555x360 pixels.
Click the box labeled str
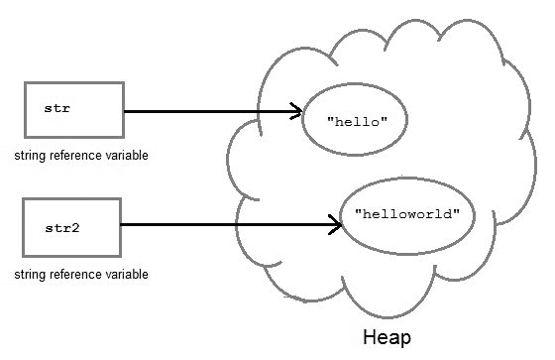point(72,110)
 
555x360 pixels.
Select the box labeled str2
point(72,226)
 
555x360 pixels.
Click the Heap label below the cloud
point(387,338)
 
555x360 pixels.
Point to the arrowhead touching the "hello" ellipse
point(295,111)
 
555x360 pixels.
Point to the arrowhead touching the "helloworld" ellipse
point(336,226)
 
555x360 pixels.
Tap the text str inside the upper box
point(56,104)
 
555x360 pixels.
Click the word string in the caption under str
point(30,157)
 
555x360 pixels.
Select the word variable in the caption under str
point(126,157)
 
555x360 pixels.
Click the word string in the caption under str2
point(30,274)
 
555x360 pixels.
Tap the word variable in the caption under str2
point(126,274)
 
